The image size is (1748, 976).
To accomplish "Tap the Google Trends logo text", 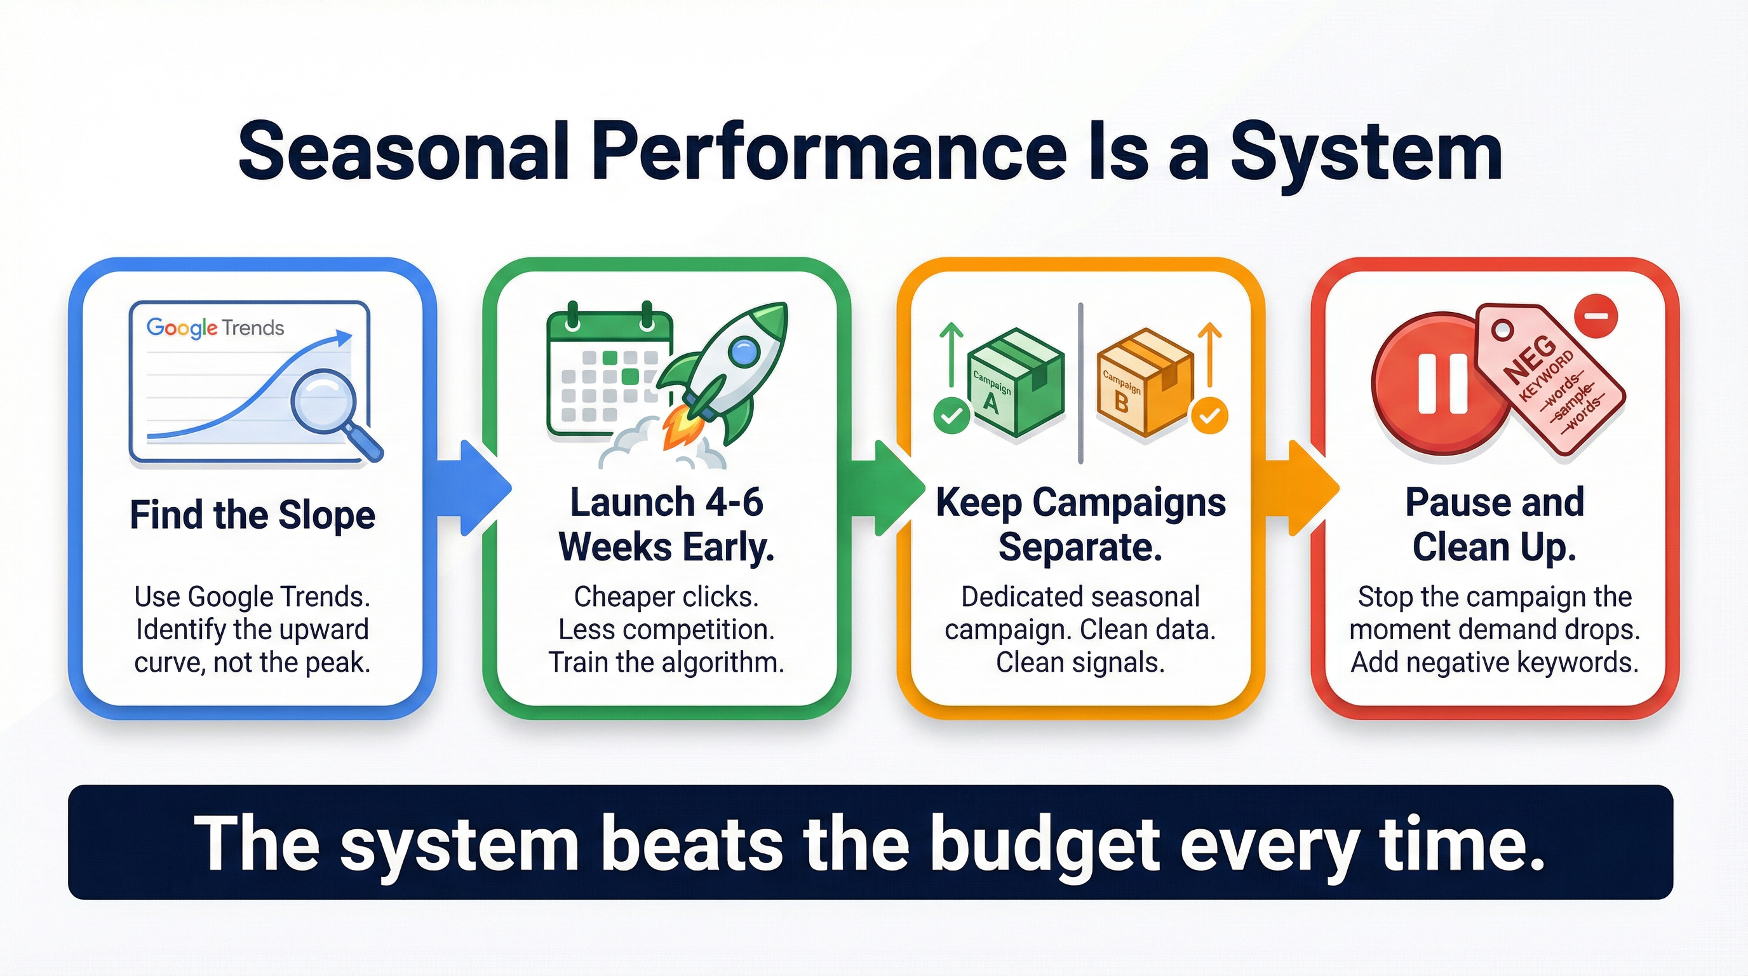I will [215, 328].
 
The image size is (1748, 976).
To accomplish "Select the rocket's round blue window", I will [744, 351].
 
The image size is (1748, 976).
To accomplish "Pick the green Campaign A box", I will [1014, 382].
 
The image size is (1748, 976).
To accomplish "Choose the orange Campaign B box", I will [1144, 382].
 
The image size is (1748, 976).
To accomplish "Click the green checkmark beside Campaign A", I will [951, 416].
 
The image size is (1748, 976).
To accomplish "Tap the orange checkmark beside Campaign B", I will [1209, 416].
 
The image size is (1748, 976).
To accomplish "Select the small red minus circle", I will [1596, 316].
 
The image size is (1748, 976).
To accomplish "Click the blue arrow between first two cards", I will [475, 487].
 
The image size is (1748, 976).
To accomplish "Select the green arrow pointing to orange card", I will [889, 487].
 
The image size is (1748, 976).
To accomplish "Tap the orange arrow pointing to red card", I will [1303, 487].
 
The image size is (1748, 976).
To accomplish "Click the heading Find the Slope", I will [252, 515].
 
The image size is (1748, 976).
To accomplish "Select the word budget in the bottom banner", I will [1045, 844].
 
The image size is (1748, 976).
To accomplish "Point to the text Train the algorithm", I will [666, 663].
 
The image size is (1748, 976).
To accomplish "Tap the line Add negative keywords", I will [1494, 663].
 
